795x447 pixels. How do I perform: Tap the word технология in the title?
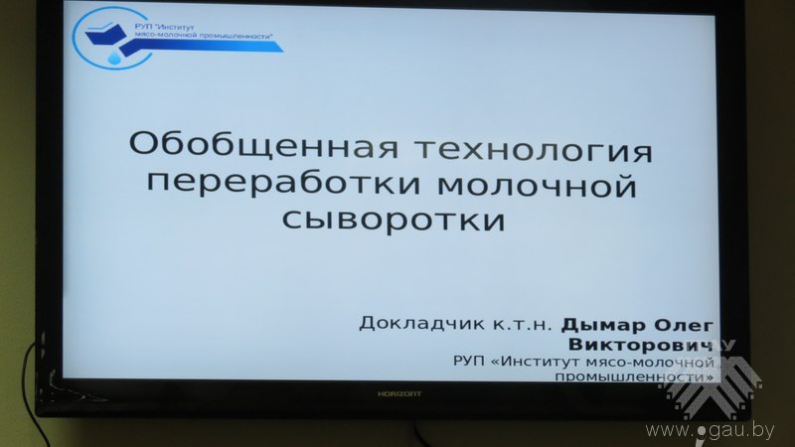click(534, 150)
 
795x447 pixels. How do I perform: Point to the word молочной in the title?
click(537, 185)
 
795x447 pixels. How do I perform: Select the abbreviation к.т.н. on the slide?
click(523, 325)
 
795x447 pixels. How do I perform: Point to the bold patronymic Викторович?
click(640, 344)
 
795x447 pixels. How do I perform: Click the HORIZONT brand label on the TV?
click(399, 393)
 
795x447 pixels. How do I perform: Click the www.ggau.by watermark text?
click(710, 430)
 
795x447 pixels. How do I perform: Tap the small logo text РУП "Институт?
click(164, 27)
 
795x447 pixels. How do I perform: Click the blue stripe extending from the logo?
click(203, 47)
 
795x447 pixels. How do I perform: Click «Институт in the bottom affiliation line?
click(536, 362)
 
